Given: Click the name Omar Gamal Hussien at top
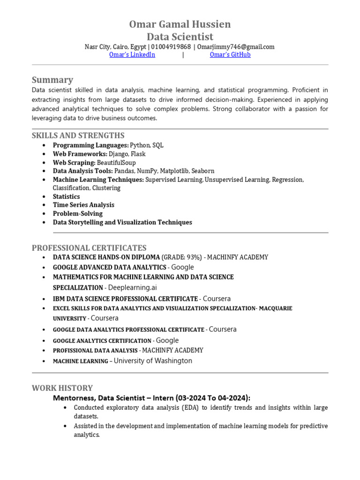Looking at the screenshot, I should (180, 24).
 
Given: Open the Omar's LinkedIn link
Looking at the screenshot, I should (132, 55).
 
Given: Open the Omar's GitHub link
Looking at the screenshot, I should (230, 55).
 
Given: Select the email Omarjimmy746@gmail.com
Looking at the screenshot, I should (236, 47).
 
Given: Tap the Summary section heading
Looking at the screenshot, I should (52, 80).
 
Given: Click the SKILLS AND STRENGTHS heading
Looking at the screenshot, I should (78, 135).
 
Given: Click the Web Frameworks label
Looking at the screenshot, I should (80, 154).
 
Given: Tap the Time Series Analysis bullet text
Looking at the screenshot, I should (83, 205).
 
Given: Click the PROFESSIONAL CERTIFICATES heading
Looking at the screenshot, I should (89, 247).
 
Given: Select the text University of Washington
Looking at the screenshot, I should (153, 361).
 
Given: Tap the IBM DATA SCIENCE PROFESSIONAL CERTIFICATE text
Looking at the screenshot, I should (125, 299).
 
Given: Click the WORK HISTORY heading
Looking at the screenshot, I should (62, 388).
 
